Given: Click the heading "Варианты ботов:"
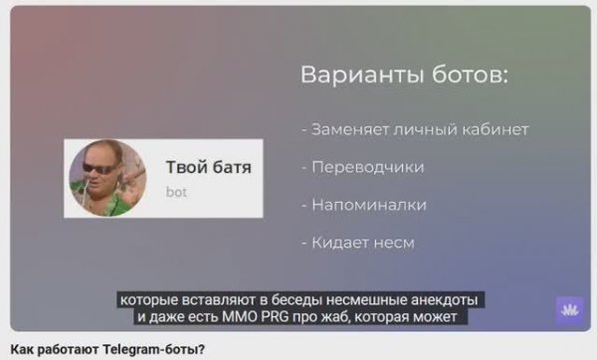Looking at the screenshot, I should [x=404, y=77].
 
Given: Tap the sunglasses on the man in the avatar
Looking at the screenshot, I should [x=99, y=169].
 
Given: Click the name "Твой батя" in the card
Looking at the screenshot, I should [x=208, y=167].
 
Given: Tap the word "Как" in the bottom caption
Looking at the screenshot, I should [x=20, y=349].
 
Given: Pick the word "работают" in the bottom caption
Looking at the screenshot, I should [x=68, y=349].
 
